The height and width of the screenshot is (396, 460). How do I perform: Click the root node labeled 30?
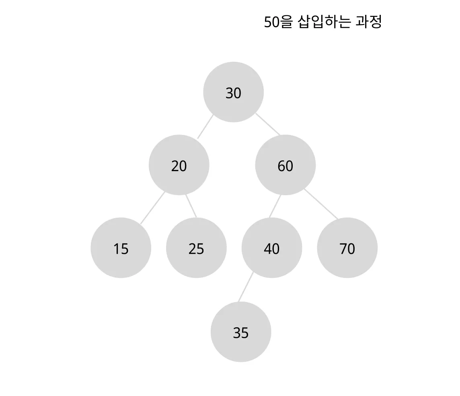pyautogui.click(x=233, y=92)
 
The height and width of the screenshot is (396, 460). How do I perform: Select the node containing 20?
pyautogui.click(x=179, y=165)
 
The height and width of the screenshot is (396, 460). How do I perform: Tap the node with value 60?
pyautogui.click(x=285, y=165)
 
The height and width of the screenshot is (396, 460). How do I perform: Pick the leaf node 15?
pyautogui.click(x=121, y=248)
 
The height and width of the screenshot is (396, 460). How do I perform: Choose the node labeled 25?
pyautogui.click(x=196, y=248)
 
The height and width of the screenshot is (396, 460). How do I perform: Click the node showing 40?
pyautogui.click(x=271, y=248)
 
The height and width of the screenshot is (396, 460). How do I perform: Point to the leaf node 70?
pyautogui.click(x=347, y=248)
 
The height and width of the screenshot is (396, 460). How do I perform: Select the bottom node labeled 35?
pyautogui.click(x=241, y=332)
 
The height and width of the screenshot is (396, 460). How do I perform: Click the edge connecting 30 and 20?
pyautogui.click(x=205, y=127)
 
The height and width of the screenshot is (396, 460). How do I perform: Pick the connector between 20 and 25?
pyautogui.click(x=191, y=206)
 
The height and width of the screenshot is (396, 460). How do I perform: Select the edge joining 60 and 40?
pyautogui.click(x=275, y=206)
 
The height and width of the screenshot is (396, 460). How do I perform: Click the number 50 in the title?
pyautogui.click(x=271, y=22)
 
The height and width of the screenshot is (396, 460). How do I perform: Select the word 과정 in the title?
pyautogui.click(x=368, y=22)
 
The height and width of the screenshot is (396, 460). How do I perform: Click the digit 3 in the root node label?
pyautogui.click(x=229, y=93)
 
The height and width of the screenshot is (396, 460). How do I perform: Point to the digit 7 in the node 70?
pyautogui.click(x=343, y=249)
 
